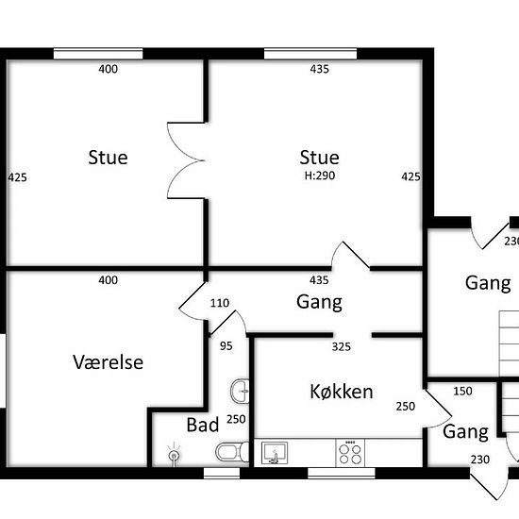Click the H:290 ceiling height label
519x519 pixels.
pyautogui.click(x=320, y=176)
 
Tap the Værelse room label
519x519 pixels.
pyautogui.click(x=109, y=362)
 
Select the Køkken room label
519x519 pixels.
pyautogui.click(x=342, y=392)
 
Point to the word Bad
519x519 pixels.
pyautogui.click(x=203, y=425)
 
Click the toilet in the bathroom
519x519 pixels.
pyautogui.click(x=232, y=451)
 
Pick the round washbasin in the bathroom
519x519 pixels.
pyautogui.click(x=240, y=391)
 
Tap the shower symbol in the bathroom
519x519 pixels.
pyautogui.click(x=174, y=454)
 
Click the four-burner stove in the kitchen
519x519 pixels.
pyautogui.click(x=350, y=453)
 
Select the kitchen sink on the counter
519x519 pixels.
pyautogui.click(x=275, y=453)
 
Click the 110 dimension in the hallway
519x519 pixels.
pyautogui.click(x=220, y=303)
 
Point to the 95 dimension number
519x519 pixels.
pyautogui.click(x=226, y=346)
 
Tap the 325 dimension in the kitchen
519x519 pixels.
pyautogui.click(x=342, y=346)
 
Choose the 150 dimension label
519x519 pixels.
pyautogui.click(x=462, y=391)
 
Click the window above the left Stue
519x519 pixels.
pyautogui.click(x=98, y=54)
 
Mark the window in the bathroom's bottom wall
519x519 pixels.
pyautogui.click(x=222, y=473)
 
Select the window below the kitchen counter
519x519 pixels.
pyautogui.click(x=342, y=473)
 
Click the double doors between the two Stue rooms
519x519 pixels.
pyautogui.click(x=185, y=160)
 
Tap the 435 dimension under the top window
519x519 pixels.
pyautogui.click(x=319, y=69)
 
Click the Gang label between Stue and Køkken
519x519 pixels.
pyautogui.click(x=319, y=302)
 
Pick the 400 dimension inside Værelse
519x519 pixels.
pyautogui.click(x=109, y=280)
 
